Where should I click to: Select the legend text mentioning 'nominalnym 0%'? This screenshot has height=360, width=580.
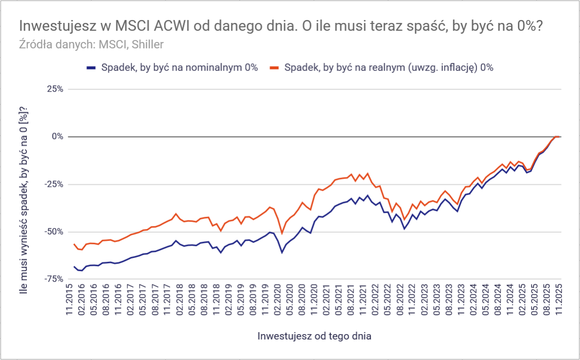pyautogui.click(x=179, y=68)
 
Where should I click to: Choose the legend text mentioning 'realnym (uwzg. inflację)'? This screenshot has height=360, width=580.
pyautogui.click(x=389, y=68)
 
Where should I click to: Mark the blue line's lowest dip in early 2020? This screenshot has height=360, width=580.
pyautogui.click(x=282, y=252)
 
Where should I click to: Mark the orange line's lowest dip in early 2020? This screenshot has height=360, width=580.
pyautogui.click(x=282, y=233)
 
